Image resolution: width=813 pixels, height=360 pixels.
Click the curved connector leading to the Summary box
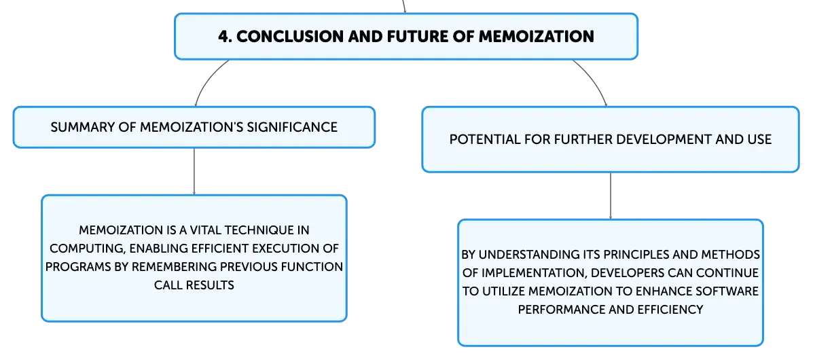point(206,79)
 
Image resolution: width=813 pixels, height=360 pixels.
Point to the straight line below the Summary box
point(194,172)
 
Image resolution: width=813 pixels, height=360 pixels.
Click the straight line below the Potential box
point(611,196)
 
